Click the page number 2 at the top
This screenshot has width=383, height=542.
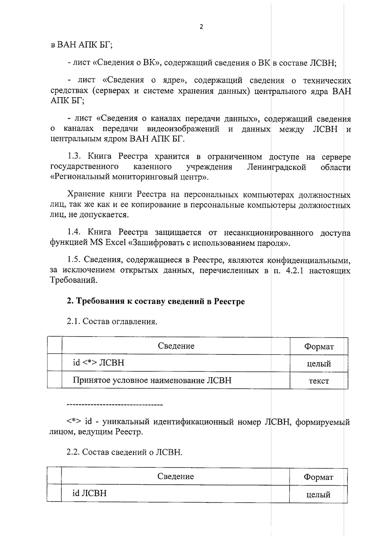[201, 27]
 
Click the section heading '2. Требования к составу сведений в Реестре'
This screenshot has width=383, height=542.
[156, 302]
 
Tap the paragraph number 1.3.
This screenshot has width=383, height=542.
[75, 157]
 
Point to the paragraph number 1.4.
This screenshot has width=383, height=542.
[75, 232]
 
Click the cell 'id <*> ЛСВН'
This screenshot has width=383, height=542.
[98, 363]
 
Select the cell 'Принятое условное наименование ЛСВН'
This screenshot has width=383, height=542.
[152, 380]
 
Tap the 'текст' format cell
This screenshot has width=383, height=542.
[319, 380]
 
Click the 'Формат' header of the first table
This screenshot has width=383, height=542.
[319, 347]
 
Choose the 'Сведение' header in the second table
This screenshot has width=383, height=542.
[176, 477]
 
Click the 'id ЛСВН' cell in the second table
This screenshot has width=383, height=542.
[89, 493]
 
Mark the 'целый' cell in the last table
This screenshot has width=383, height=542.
[318, 494]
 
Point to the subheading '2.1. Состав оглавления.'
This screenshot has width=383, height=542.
[112, 321]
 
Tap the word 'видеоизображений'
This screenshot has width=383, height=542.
[183, 129]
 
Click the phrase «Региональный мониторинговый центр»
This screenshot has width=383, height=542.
[129, 177]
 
